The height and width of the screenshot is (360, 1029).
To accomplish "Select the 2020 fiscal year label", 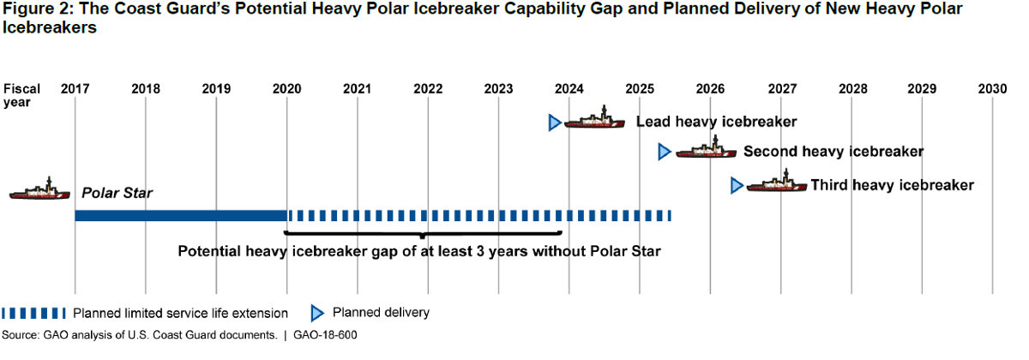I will (x=286, y=89).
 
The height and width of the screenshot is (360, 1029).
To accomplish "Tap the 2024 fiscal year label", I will (x=569, y=89).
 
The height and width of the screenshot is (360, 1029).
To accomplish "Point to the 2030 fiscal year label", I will (x=992, y=89).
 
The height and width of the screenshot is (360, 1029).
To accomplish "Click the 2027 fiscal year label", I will (x=781, y=89).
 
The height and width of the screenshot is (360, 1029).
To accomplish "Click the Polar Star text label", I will (x=117, y=193).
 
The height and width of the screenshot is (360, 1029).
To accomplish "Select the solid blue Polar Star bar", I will (x=180, y=215).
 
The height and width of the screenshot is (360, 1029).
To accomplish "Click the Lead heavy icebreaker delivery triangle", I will (x=554, y=123).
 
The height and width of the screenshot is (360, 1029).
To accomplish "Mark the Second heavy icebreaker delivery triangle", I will (x=664, y=152).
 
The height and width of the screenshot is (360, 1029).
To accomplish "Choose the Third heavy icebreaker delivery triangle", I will (x=736, y=185).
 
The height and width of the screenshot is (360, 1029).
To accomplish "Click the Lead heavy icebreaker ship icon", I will (x=594, y=120).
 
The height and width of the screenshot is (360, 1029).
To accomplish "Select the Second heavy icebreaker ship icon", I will (x=706, y=149).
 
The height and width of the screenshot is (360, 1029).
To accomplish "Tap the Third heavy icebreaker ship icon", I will (x=776, y=183).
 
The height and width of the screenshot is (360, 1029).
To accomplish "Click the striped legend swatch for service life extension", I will (x=33, y=313).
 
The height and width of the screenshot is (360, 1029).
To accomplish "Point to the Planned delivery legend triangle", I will (x=316, y=313).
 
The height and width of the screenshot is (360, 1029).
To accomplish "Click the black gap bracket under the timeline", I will (x=422, y=232).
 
